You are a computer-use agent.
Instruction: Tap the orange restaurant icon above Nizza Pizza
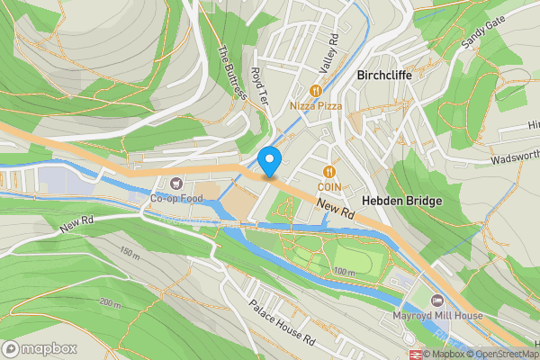[315, 91]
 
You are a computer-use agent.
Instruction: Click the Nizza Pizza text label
[316, 106]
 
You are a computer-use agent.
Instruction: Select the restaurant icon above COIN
[329, 171]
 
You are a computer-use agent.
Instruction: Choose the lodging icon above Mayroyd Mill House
[437, 301]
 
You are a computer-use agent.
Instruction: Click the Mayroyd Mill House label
[438, 316]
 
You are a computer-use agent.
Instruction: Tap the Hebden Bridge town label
[401, 201]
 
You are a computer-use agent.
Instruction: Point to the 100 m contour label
[345, 272]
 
